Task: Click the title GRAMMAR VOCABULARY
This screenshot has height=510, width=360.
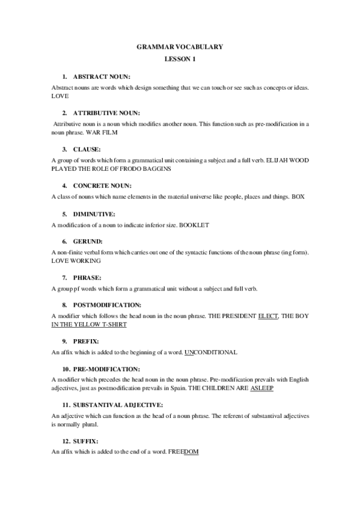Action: click(180, 46)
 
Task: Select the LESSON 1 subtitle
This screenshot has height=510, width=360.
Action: click(180, 60)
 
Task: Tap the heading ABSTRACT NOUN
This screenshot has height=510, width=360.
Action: click(102, 78)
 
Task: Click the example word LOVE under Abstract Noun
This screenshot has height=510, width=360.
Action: click(61, 96)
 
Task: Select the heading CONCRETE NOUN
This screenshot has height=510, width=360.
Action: click(102, 185)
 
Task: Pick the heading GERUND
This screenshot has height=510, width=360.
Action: click(88, 241)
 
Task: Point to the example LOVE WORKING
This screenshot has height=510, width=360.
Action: click(76, 261)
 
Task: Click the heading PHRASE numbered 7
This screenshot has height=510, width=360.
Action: click(87, 277)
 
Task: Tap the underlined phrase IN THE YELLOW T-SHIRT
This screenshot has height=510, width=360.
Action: click(89, 324)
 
